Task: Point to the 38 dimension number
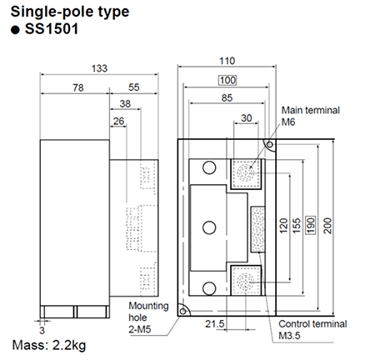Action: coord(124,104)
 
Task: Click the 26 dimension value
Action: coord(120,122)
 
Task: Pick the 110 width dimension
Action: coord(227,62)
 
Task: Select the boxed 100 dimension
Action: coord(227,80)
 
